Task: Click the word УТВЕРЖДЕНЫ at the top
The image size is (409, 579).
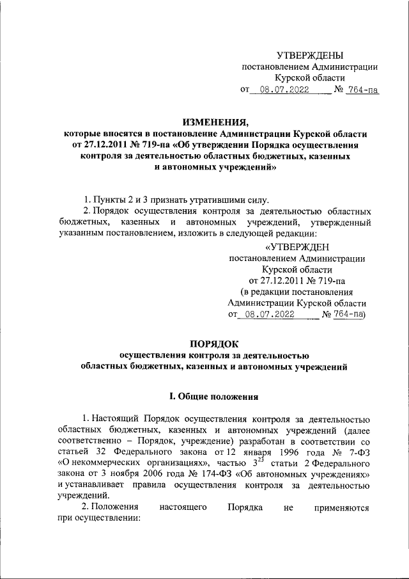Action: tap(310, 56)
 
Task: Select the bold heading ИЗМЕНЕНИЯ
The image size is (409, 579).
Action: tap(215, 122)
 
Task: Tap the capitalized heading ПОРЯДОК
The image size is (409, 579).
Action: tap(215, 344)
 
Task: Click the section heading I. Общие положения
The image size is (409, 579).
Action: tap(215, 397)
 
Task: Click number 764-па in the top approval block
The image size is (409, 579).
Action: tap(362, 90)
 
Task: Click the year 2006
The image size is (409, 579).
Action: tap(172, 476)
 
